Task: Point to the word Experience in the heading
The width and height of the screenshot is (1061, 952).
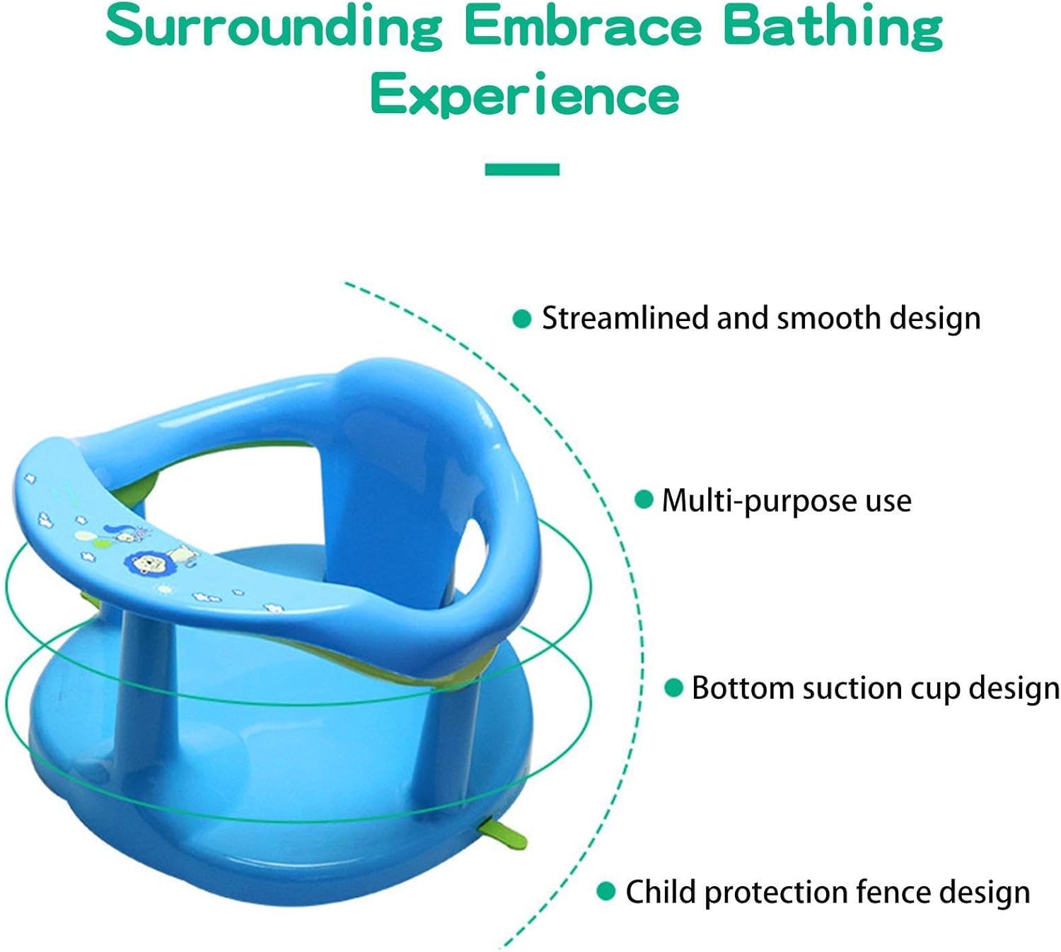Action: (525, 95)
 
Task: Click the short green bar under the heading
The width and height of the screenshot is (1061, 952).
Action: (522, 169)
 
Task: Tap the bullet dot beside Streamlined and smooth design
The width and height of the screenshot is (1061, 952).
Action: (521, 318)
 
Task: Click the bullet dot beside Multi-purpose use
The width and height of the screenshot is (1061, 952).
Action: (644, 499)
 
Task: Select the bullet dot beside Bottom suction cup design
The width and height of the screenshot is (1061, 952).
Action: (673, 688)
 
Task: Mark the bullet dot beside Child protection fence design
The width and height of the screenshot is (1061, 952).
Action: (606, 890)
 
